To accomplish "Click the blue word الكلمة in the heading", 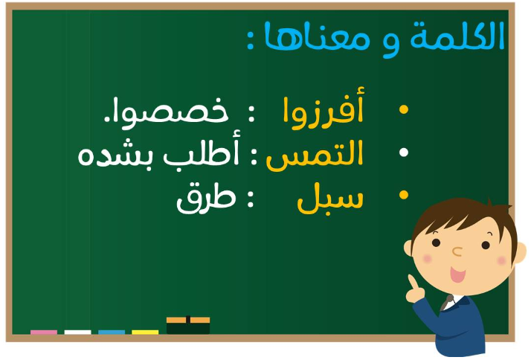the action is tap(457, 36).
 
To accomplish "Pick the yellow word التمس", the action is tap(315, 155).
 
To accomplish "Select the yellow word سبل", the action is tap(330, 199).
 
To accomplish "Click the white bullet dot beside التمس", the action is tap(403, 152).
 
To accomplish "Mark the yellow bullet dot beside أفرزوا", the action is tap(403, 109).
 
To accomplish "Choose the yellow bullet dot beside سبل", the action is tap(403, 195).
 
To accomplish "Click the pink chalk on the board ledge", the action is tap(44, 332).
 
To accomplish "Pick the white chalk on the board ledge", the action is tap(77, 332).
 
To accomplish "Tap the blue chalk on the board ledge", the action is tap(112, 332).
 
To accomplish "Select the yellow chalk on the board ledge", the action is tap(145, 332).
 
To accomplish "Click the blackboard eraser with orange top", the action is tap(188, 325).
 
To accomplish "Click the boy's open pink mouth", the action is tap(457, 274).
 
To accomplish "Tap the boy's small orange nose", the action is tap(457, 251).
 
